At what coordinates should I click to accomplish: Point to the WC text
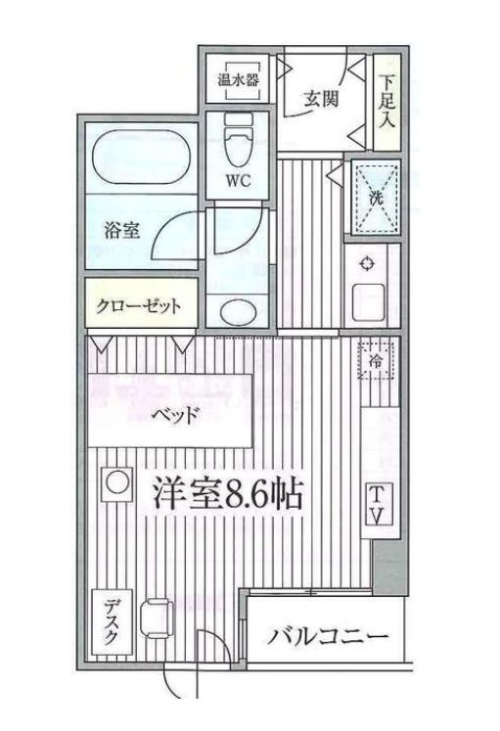point(238,182)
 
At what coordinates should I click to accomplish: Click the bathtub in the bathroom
point(142,157)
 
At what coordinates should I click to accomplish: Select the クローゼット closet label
point(139,305)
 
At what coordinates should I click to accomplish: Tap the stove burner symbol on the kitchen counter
point(367,262)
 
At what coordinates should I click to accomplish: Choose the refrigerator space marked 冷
point(375,360)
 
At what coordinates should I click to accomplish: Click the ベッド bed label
point(175,412)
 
